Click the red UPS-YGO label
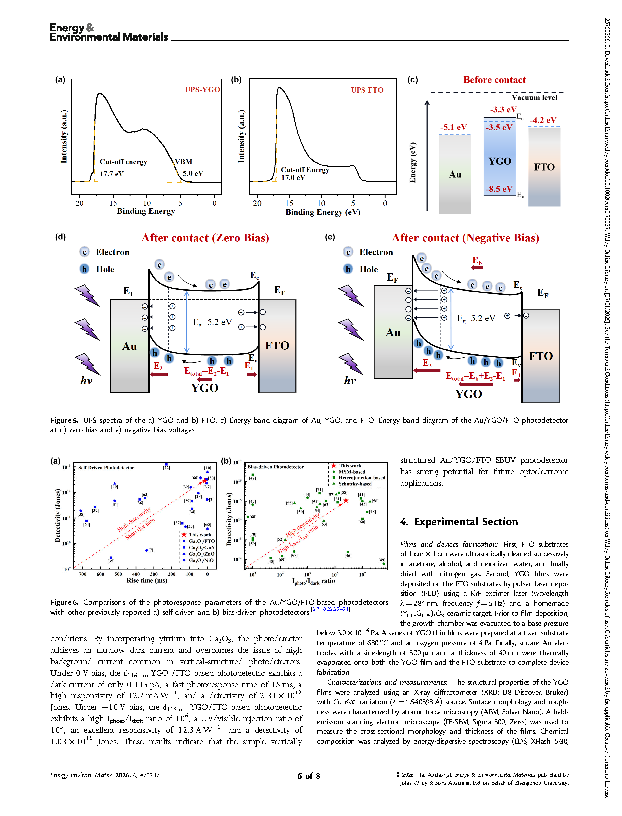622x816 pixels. tap(202, 90)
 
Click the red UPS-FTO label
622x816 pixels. tap(367, 90)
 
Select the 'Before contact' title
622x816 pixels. tap(494, 80)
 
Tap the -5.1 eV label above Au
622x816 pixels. tap(453, 127)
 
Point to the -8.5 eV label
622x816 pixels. tap(499, 189)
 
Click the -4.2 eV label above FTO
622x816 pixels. tap(543, 120)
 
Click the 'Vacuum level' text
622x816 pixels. tap(534, 98)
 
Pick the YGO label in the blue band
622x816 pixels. tap(500, 161)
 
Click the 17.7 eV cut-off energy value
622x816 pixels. tap(111, 174)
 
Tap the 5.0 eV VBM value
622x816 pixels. tap(193, 173)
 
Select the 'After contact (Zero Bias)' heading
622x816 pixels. tap(205, 238)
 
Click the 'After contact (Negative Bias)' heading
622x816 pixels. tap(466, 238)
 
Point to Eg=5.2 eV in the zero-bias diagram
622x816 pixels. tap(213, 322)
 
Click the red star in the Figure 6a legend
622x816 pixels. tap(184, 535)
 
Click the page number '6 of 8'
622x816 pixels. tap(309, 776)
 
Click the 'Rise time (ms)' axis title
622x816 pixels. tap(147, 581)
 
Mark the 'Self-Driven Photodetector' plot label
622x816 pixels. tap(106, 468)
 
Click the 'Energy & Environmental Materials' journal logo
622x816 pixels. tap(109, 32)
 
